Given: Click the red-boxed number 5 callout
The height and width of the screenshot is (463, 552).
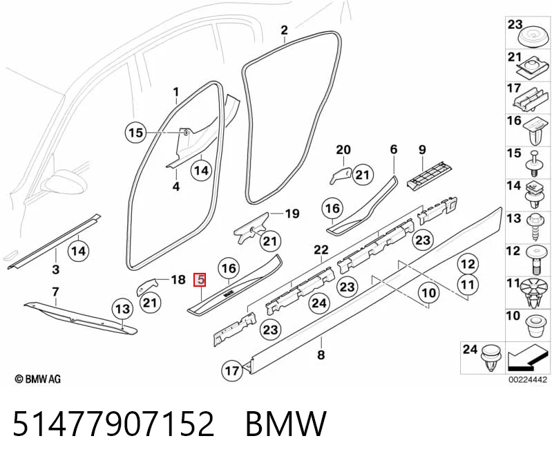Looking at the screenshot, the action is click(200, 280).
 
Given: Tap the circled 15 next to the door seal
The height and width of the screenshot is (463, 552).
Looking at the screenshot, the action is click(135, 133).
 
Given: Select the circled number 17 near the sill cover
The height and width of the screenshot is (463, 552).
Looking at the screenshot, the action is click(231, 370).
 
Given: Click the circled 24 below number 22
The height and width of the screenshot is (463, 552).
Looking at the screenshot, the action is click(319, 303).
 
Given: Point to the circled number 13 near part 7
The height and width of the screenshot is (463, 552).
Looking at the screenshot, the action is click(122, 309).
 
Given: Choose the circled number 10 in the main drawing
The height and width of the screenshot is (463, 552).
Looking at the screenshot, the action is click(428, 292).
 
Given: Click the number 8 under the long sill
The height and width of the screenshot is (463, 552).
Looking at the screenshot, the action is click(321, 355).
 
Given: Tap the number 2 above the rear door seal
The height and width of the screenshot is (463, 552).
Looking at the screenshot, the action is click(284, 30).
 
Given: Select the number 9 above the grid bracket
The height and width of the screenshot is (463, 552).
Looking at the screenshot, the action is click(422, 150).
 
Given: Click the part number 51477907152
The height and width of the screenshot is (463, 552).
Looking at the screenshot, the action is click(113, 423).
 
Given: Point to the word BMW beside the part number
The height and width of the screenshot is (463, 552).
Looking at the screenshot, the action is click(286, 423).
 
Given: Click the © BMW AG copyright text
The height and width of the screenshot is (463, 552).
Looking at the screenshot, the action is click(38, 379).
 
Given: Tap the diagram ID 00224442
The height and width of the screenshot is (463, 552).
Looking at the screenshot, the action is click(527, 379).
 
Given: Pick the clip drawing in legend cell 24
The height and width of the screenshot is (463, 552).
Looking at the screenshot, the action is click(491, 359).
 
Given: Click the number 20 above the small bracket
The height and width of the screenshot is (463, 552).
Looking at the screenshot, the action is click(343, 150).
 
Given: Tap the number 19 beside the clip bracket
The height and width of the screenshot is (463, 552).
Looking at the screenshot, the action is click(292, 214).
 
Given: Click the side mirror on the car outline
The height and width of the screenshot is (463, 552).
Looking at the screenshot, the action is click(64, 182).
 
